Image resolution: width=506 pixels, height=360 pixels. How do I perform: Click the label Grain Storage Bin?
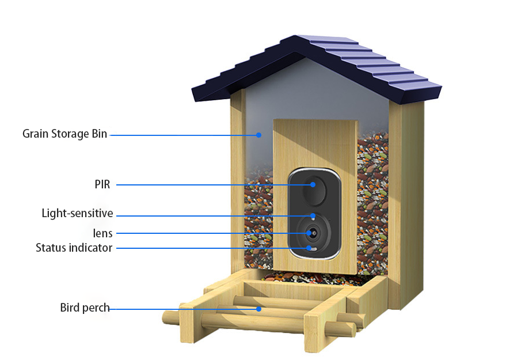click(x=64, y=134)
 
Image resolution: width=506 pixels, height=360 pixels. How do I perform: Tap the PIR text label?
click(x=102, y=184)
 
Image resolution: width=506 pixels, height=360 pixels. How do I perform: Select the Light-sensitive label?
click(x=77, y=214)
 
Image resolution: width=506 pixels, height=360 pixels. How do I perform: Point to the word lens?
click(x=102, y=233)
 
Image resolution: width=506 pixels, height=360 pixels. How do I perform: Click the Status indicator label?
click(x=74, y=248)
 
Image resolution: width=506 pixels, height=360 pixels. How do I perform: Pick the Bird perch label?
click(x=85, y=308)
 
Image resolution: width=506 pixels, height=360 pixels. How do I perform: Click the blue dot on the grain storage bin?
click(x=259, y=135)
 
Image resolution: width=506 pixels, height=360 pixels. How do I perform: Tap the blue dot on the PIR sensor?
click(x=313, y=184)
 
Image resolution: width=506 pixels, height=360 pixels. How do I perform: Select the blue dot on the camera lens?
click(x=313, y=233)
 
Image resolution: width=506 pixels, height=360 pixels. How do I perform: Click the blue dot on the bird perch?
click(x=259, y=309)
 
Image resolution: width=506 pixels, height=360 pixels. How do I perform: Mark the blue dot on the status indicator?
click(x=310, y=248)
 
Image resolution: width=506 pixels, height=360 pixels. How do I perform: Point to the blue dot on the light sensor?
click(x=313, y=217)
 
